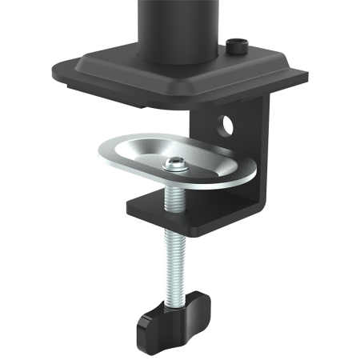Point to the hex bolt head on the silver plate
(174, 166)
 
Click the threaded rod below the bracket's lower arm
(178, 256)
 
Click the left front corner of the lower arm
(130, 209)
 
